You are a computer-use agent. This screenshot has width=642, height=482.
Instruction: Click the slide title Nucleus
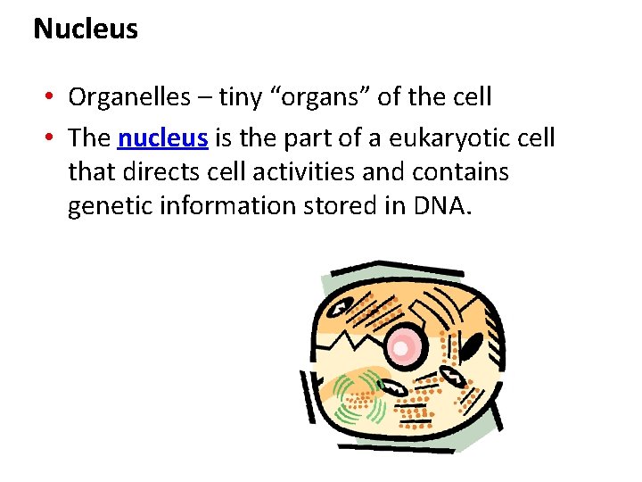point(86,29)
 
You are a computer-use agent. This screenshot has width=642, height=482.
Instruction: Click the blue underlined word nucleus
point(163,138)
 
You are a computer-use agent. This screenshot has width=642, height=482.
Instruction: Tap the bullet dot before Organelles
point(53,97)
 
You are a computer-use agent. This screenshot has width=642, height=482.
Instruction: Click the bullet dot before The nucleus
point(53,139)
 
